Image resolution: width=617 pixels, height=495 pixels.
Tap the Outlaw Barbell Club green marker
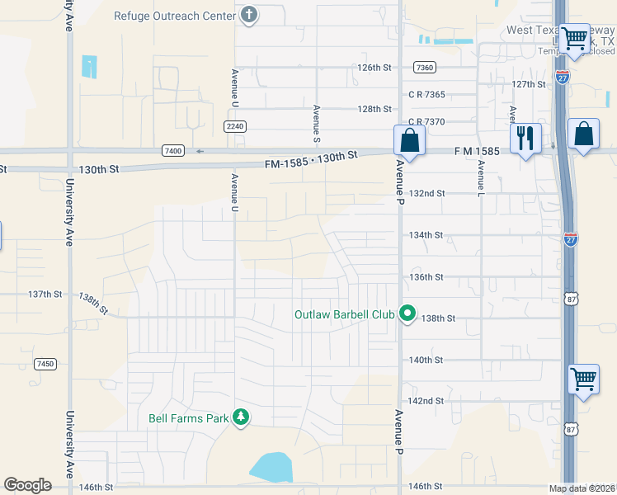pyautogui.click(x=407, y=313)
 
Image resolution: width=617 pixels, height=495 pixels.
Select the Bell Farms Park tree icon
pyautogui.click(x=240, y=418)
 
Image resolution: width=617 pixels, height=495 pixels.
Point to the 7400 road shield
pyautogui.click(x=173, y=150)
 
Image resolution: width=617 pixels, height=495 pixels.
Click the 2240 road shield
pyautogui.click(x=235, y=125)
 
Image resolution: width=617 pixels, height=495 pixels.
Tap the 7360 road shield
pyautogui.click(x=425, y=68)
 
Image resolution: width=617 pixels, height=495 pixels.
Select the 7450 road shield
pyautogui.click(x=45, y=363)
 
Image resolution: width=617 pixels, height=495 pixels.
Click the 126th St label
pyautogui.click(x=374, y=68)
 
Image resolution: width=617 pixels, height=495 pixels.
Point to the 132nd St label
pyautogui.click(x=428, y=193)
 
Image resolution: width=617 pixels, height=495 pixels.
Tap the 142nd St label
pyautogui.click(x=427, y=401)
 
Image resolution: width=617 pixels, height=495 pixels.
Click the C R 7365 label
pyautogui.click(x=426, y=95)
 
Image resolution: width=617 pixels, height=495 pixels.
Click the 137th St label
pyautogui.click(x=45, y=294)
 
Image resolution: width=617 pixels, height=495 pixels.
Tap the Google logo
pyautogui.click(x=28, y=485)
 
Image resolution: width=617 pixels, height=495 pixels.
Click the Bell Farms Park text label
pyautogui.click(x=188, y=418)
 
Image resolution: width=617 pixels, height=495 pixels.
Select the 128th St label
pyautogui.click(x=374, y=109)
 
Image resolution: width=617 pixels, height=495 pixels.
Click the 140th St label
pyautogui.click(x=426, y=360)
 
